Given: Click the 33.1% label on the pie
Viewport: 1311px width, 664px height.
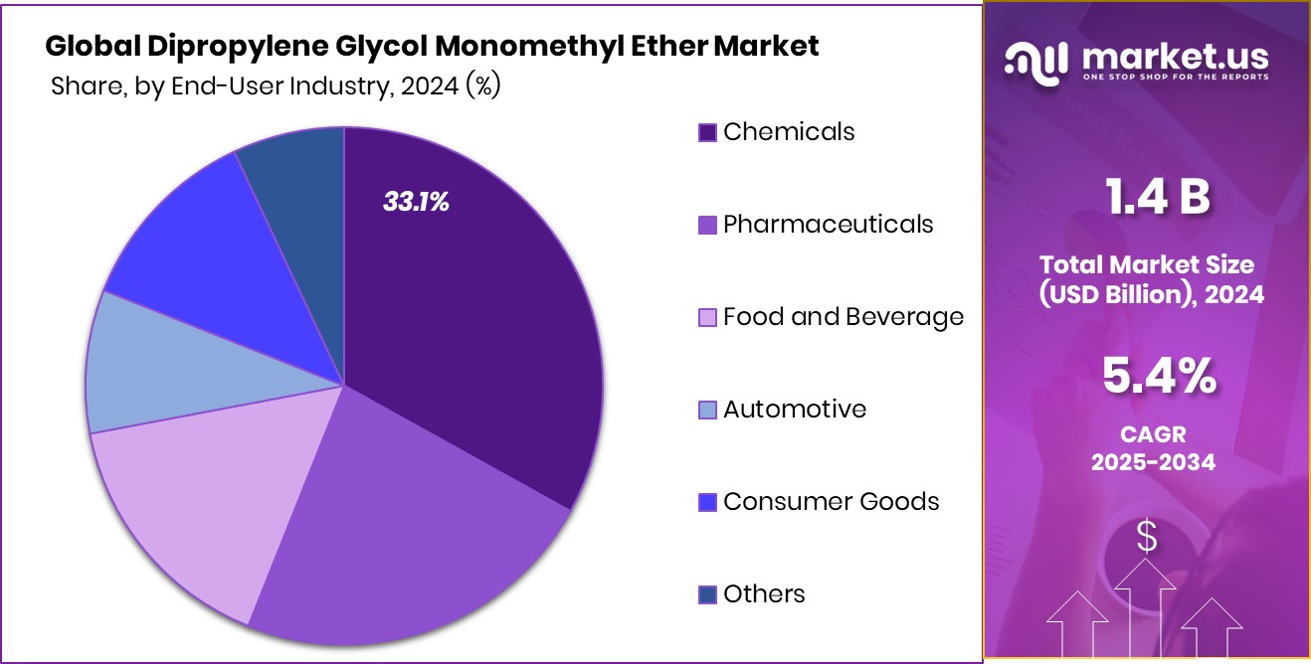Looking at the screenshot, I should pyautogui.click(x=416, y=203).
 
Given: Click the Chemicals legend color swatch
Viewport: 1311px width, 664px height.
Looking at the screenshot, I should pyautogui.click(x=707, y=132).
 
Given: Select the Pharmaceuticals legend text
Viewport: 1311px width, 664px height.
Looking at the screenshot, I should pyautogui.click(x=828, y=225).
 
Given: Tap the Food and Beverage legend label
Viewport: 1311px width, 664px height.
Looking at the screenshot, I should pyautogui.click(x=843, y=317).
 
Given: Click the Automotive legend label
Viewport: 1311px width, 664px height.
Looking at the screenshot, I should pyautogui.click(x=794, y=410).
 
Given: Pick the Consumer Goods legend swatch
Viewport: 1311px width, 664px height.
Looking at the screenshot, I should pyautogui.click(x=707, y=502).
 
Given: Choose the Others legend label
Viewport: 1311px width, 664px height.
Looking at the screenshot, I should pyautogui.click(x=764, y=594).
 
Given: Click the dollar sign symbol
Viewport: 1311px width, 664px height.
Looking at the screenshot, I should pyautogui.click(x=1147, y=538).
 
